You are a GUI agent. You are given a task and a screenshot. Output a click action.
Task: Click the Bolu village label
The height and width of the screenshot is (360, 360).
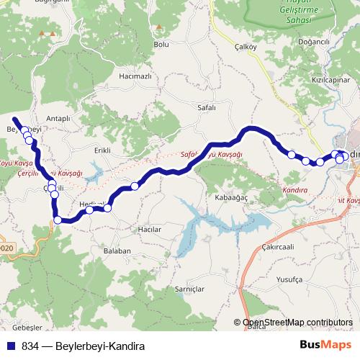coord(161,45)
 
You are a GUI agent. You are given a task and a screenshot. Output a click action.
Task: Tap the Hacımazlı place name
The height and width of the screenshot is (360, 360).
coord(135,76)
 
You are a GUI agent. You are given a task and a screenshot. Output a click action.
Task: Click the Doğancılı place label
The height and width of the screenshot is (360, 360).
coord(313,42)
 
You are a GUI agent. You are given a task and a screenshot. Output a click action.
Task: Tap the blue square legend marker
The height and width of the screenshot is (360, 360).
coord(12,346)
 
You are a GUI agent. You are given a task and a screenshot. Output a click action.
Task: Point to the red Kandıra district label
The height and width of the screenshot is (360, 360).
coord(294,189)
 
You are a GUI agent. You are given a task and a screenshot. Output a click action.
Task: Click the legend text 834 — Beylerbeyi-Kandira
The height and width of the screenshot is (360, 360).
coord(84,346)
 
